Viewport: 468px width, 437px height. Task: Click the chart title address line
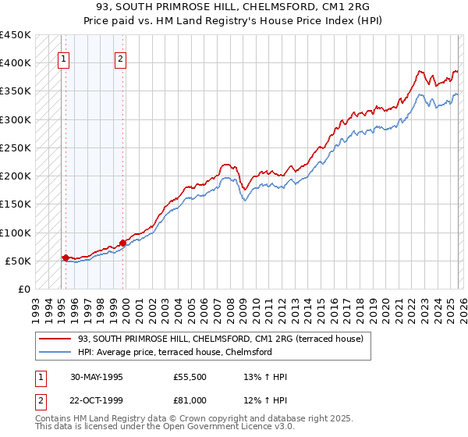point(233,8)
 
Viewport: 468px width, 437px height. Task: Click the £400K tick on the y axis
point(16,63)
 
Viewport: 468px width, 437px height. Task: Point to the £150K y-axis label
point(16,204)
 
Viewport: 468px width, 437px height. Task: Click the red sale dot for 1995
point(66,257)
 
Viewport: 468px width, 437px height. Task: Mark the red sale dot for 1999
point(122,243)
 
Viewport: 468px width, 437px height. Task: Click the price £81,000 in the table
point(190,400)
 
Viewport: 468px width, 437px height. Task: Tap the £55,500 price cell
point(190,378)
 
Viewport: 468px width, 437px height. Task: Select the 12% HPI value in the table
point(266,400)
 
